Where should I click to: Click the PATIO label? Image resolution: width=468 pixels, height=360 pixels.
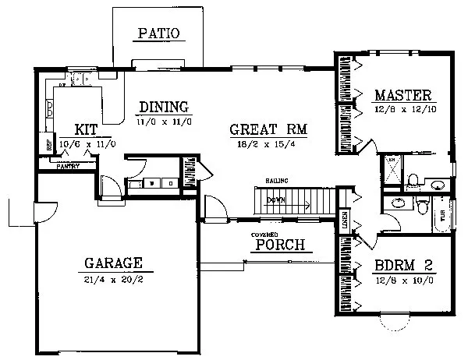coord(159,34)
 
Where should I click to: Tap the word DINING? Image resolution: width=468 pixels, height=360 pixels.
coord(165,108)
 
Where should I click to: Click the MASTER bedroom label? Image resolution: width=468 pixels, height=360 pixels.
coord(402,96)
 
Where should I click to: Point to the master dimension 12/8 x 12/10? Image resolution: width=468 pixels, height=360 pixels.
coord(402,110)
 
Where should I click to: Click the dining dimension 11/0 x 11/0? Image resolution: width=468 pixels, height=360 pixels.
coord(165,122)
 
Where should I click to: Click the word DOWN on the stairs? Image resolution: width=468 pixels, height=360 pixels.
coord(275,200)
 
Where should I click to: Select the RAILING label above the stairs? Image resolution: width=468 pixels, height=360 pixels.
coord(277,181)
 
